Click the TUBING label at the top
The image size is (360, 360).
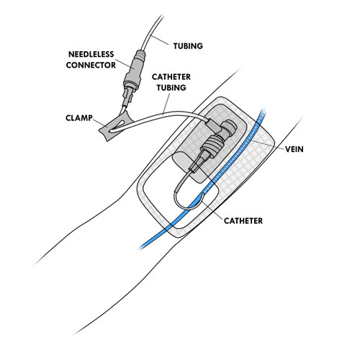click(x=188, y=46)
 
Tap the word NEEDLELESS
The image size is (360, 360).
click(x=91, y=54)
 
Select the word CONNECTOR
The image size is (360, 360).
click(x=91, y=65)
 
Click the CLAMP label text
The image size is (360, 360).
click(x=79, y=118)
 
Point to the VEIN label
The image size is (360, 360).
click(x=294, y=149)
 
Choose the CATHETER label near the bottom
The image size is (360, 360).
click(x=243, y=221)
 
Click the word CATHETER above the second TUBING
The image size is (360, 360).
click(x=171, y=77)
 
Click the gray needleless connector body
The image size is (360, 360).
click(x=134, y=69)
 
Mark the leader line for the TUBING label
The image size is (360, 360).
click(x=159, y=40)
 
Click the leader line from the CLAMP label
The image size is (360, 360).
click(x=99, y=122)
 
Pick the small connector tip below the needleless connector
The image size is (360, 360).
click(x=127, y=98)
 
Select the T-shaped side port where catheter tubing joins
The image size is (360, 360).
click(x=214, y=125)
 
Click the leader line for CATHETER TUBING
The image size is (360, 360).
click(x=166, y=104)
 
